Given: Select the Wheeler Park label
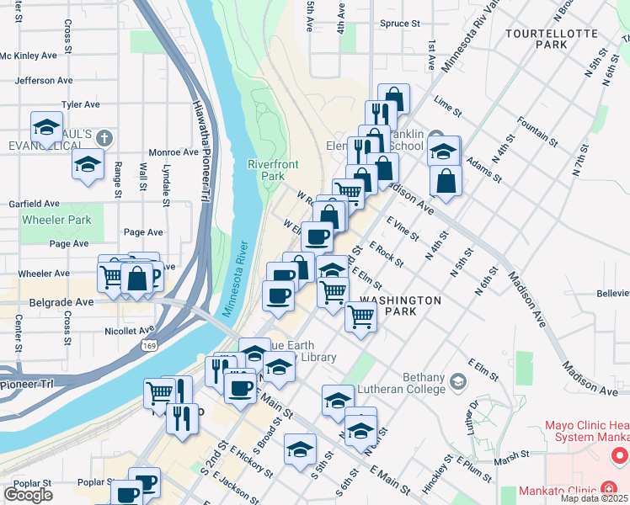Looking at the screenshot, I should (56, 220).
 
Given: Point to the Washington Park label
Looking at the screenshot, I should (400, 306).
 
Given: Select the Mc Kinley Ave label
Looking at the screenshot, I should (29, 56).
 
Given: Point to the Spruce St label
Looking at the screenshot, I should (400, 24).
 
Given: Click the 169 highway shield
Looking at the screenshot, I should (147, 345).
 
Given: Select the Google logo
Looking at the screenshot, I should (28, 495).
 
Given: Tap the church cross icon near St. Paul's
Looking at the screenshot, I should (104, 136).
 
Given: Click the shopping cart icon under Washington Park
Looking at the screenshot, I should (360, 317).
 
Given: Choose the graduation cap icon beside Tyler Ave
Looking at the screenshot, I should (46, 127).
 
